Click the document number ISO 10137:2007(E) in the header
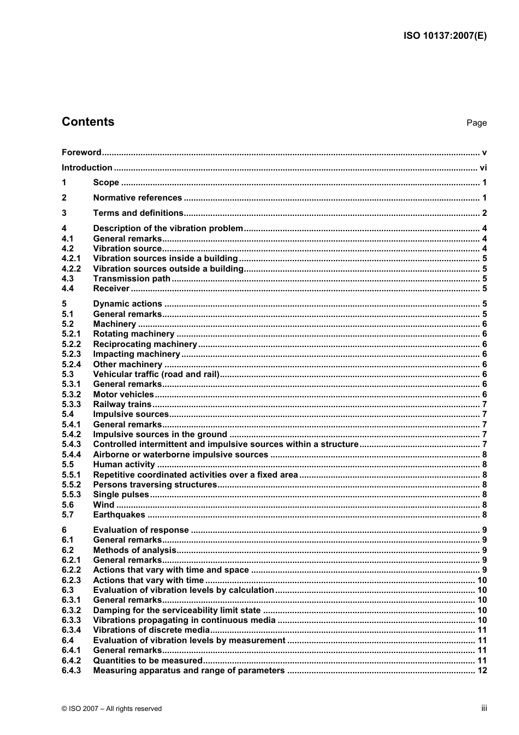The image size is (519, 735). click(x=445, y=36)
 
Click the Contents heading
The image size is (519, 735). click(x=88, y=122)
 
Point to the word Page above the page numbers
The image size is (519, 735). click(x=476, y=123)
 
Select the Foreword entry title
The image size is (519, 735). click(x=81, y=152)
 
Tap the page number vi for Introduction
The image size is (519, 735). click(x=483, y=168)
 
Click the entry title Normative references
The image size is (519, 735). click(x=137, y=198)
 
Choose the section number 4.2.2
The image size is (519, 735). click(x=71, y=269)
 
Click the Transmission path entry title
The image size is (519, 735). click(x=132, y=279)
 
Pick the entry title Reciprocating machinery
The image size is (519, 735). click(x=145, y=344)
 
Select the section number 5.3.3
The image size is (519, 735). click(x=71, y=404)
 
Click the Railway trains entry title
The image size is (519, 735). click(x=122, y=404)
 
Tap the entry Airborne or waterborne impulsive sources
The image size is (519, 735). click(x=180, y=455)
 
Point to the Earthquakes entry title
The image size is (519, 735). click(x=119, y=515)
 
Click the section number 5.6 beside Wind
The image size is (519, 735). click(x=68, y=505)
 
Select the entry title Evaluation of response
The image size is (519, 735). click(x=140, y=530)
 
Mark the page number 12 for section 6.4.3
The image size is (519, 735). click(x=482, y=671)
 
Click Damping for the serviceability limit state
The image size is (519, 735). click(x=176, y=610)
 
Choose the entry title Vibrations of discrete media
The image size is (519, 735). click(x=151, y=630)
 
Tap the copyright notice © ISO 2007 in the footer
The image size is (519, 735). click(x=111, y=709)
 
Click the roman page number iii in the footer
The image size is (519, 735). click(x=483, y=708)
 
